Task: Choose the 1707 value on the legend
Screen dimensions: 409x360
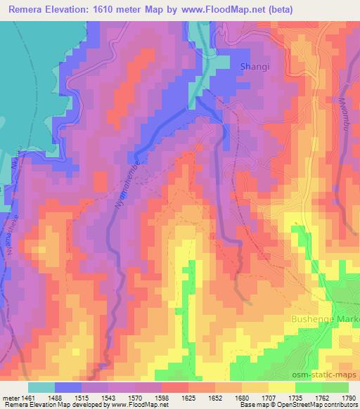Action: (x=260, y=398)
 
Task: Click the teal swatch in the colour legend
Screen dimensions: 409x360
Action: (x=41, y=387)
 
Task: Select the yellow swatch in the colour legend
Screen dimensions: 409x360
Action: (x=281, y=387)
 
